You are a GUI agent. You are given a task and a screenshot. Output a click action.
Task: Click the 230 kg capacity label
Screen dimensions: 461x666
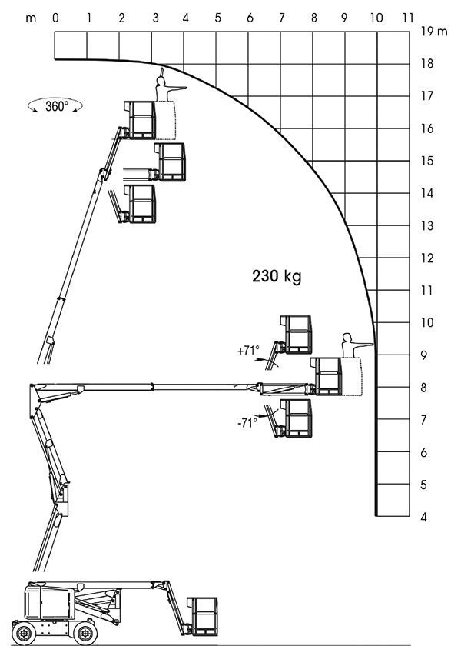277,276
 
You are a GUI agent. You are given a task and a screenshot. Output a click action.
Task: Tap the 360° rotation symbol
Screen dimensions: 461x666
55,106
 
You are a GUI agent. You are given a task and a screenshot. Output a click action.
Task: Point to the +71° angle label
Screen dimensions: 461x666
248,351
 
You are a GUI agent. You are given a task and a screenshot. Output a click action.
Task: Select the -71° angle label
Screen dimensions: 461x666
247,423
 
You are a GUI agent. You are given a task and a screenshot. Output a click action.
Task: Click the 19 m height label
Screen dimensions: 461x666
434,31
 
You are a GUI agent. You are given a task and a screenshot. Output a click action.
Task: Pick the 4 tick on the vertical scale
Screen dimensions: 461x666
423,518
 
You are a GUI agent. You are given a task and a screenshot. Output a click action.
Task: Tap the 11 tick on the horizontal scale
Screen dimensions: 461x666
408,18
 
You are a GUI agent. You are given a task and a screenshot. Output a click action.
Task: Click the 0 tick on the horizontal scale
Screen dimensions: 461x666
55,18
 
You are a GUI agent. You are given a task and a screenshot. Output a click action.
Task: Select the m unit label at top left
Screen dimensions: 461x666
31,18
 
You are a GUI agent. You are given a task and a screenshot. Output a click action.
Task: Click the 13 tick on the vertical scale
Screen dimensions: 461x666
427,225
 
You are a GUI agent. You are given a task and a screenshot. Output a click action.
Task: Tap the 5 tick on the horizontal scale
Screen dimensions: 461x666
217,18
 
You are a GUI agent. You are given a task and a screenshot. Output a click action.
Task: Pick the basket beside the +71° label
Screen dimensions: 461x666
296,335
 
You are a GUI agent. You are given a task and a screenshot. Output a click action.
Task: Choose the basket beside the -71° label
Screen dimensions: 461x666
296,418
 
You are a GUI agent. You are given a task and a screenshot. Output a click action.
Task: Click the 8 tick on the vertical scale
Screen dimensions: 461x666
423,388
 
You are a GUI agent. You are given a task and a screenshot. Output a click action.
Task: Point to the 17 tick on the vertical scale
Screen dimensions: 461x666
427,96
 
